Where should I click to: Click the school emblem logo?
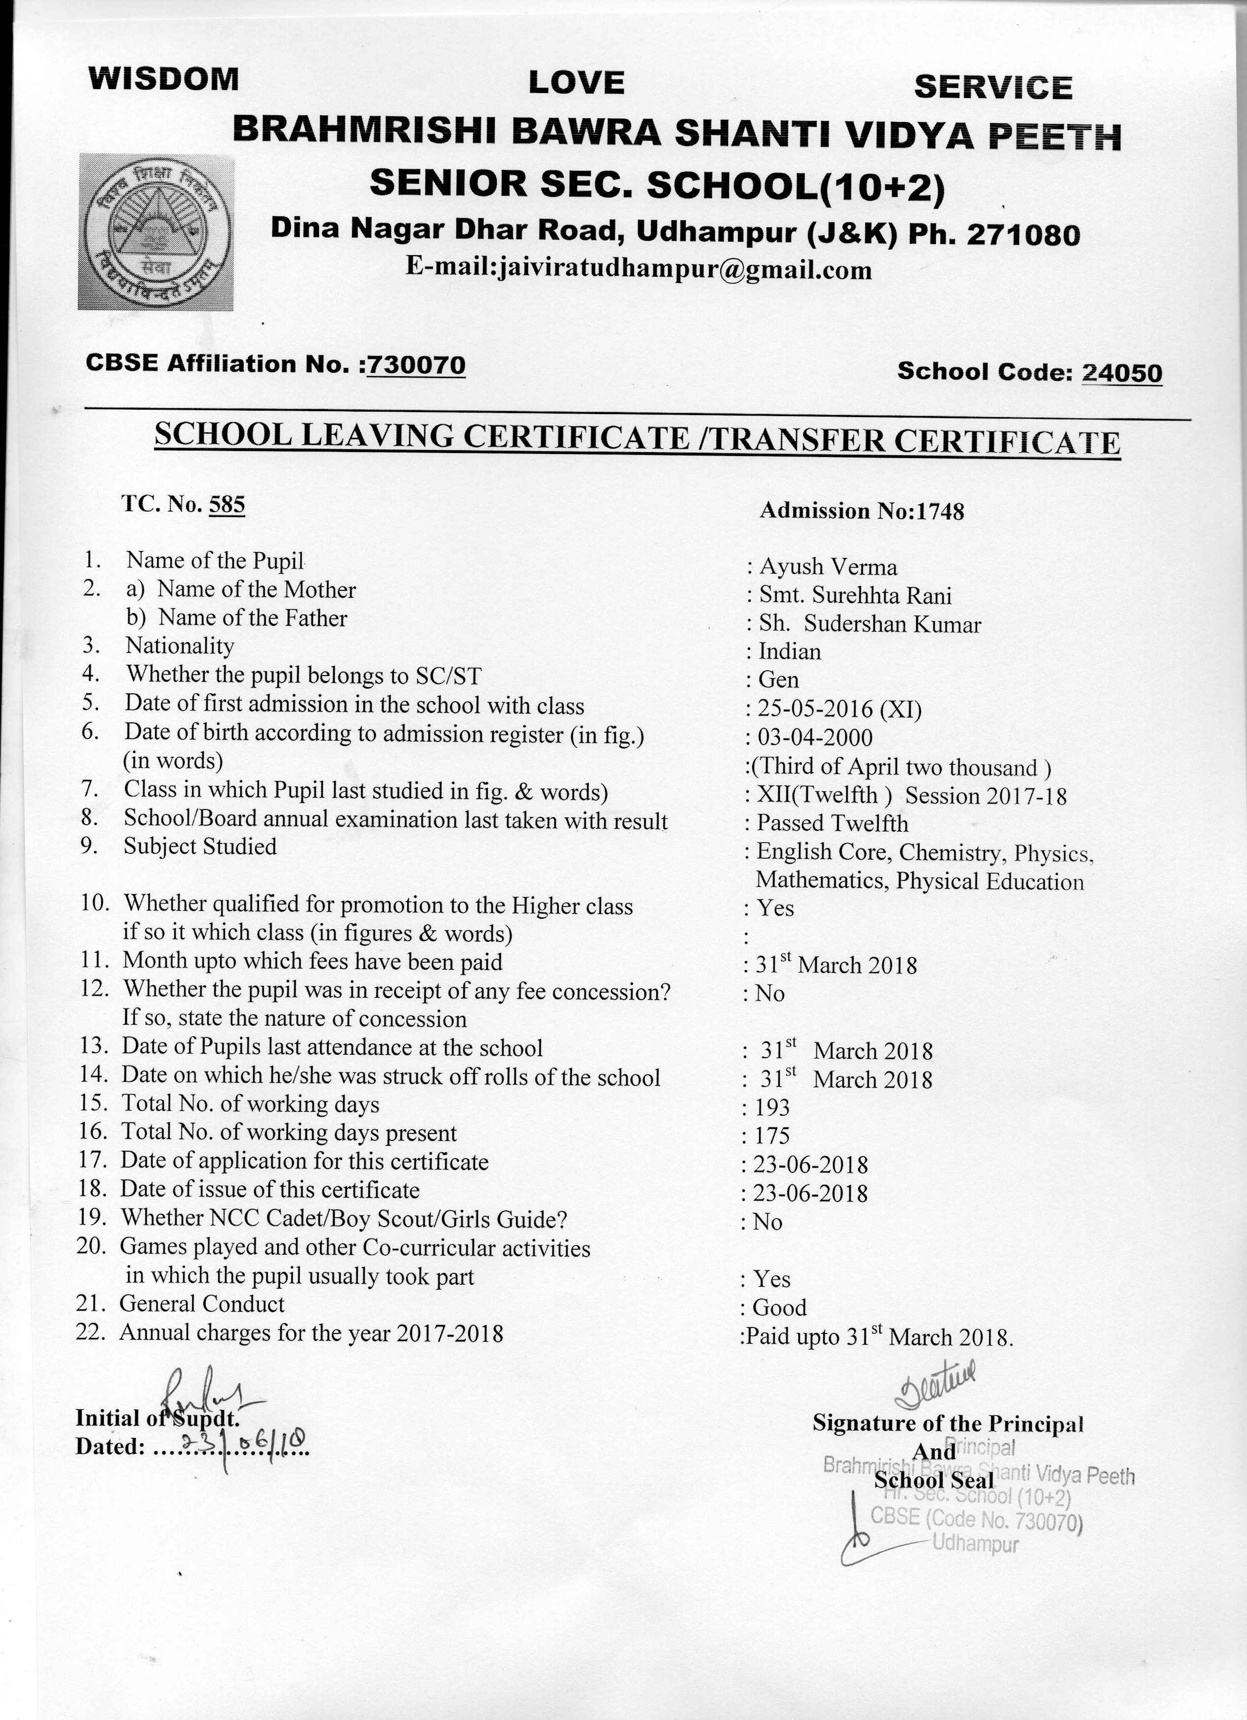pos(156,232)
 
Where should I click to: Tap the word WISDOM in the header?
pos(164,79)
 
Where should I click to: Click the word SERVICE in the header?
pos(992,88)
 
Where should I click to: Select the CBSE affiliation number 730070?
pos(416,365)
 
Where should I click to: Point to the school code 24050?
pos(1122,372)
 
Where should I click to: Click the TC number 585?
pos(226,504)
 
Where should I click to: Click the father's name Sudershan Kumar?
pos(892,624)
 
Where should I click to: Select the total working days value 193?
pos(772,1108)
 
